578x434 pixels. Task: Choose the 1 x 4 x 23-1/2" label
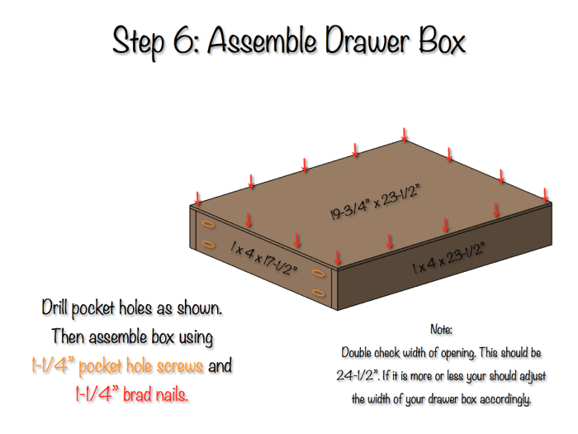coord(448,259)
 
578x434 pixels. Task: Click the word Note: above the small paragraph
coord(442,330)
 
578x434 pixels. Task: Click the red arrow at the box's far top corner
coord(405,134)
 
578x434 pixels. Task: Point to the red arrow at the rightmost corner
coord(546,193)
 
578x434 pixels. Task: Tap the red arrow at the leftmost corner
coord(197,198)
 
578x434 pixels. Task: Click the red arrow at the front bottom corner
coord(335,257)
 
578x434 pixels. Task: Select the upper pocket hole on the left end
coord(208,224)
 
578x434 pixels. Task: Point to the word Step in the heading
coord(138,41)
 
